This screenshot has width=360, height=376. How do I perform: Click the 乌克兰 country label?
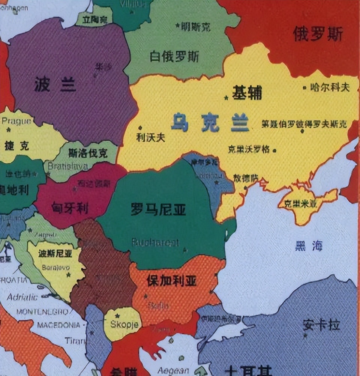(210, 123)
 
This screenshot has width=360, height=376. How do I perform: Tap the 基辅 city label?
(247, 93)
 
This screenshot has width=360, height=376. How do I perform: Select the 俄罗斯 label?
(318, 34)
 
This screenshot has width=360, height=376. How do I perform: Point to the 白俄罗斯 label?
(174, 57)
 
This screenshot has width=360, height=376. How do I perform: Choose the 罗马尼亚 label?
(158, 209)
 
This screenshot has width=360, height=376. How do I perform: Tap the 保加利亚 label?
(172, 281)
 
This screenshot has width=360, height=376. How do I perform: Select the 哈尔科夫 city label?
(330, 88)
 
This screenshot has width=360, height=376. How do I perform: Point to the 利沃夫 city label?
(150, 138)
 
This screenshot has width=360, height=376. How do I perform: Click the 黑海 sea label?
(308, 246)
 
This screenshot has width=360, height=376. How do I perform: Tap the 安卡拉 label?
(321, 325)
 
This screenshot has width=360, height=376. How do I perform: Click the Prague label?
(16, 121)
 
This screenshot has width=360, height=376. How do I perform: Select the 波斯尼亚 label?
(55, 254)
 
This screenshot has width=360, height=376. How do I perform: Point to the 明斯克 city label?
(195, 27)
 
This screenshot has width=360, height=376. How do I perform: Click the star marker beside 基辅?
(226, 98)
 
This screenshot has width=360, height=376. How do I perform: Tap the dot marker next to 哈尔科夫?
(304, 88)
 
